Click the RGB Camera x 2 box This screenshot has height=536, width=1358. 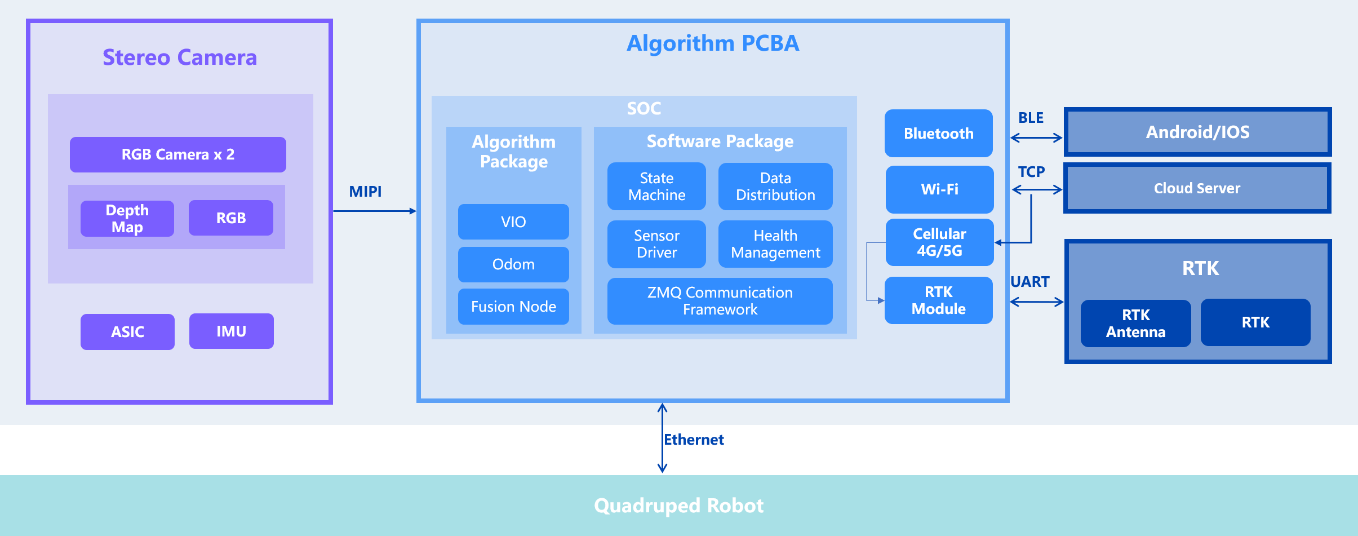click(177, 154)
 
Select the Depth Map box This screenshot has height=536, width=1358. click(127, 219)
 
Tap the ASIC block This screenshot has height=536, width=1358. click(127, 332)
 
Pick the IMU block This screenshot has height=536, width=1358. click(231, 331)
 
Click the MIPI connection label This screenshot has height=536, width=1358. click(365, 192)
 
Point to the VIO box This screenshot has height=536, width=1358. click(513, 222)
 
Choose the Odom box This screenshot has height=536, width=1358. click(513, 264)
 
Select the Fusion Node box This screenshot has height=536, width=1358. click(513, 307)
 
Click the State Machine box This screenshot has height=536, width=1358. click(656, 187)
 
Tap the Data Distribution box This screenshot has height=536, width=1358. click(775, 187)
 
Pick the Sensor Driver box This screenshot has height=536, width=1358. click(656, 244)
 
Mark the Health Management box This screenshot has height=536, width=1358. click(775, 244)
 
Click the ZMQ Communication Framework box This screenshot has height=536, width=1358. click(720, 301)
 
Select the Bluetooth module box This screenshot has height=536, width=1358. click(939, 134)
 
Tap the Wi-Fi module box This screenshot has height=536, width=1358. click(939, 189)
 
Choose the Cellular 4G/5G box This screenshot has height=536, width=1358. click(939, 242)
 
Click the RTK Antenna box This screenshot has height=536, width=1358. click(1135, 323)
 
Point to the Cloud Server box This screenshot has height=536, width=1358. click(1197, 188)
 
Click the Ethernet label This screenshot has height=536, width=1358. click(694, 440)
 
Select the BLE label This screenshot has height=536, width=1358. click(1031, 118)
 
